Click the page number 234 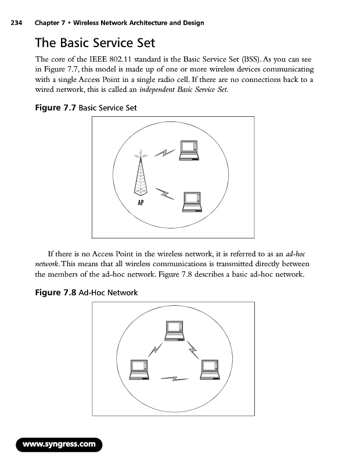tap(16, 23)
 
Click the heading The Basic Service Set tap(95, 42)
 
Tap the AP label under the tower tap(141, 203)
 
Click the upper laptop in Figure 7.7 tap(189, 151)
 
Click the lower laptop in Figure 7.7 tap(192, 202)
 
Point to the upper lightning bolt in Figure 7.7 tap(165, 153)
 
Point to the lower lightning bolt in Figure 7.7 tap(165, 194)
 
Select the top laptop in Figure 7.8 tap(175, 331)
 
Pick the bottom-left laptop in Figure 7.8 tap(139, 370)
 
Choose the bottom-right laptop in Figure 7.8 tap(210, 370)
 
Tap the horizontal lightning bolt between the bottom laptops tap(175, 379)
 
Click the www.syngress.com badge tap(59, 445)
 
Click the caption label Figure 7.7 tap(55, 108)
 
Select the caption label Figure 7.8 tap(55, 293)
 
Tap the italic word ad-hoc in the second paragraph tap(296, 254)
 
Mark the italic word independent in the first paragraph tap(157, 90)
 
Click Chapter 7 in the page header tap(50, 23)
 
